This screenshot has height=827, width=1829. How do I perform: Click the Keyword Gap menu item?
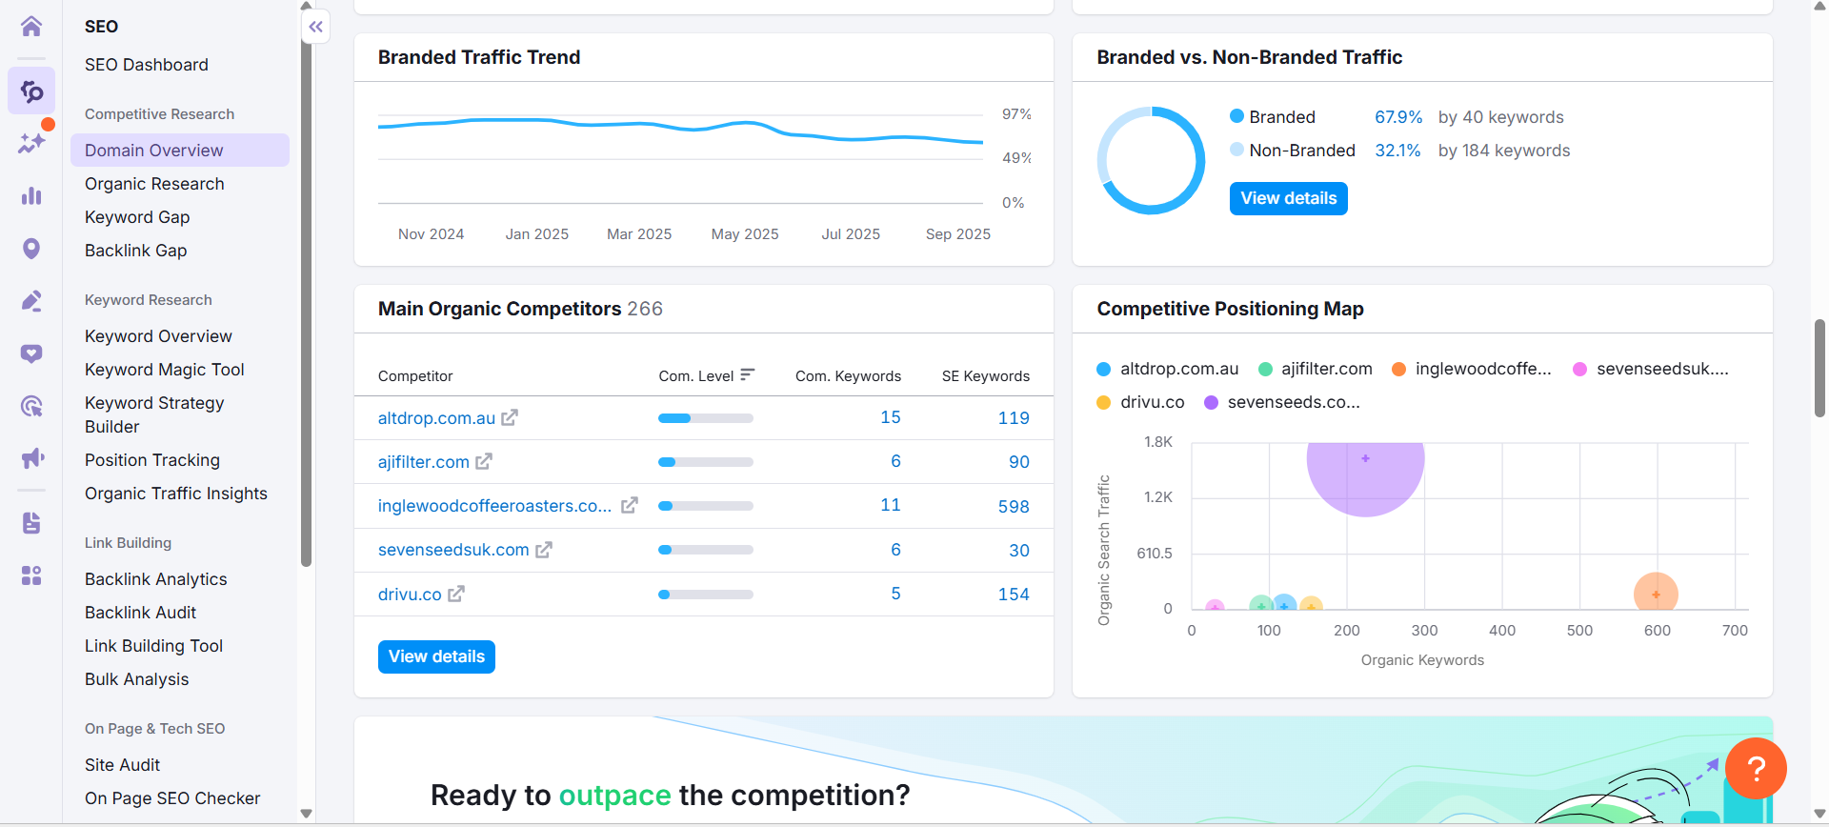click(137, 217)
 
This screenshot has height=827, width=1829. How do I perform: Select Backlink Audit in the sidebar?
click(140, 613)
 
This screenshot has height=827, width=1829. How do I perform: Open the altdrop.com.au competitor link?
click(436, 418)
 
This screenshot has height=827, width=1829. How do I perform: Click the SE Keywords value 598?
click(1013, 506)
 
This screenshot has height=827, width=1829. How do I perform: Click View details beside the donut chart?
click(1288, 198)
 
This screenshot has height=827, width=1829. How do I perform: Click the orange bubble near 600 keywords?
click(1656, 594)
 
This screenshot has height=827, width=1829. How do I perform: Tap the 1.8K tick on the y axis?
click(1157, 442)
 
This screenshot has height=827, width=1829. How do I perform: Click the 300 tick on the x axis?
click(1424, 631)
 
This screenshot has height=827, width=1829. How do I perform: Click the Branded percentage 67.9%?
click(1397, 117)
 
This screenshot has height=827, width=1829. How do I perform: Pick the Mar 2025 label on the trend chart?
click(639, 234)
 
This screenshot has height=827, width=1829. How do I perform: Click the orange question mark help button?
click(1756, 768)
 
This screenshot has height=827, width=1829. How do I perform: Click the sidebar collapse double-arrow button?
click(316, 27)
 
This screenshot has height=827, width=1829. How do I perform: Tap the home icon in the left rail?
click(31, 26)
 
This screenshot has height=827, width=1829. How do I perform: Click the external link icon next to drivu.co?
click(456, 594)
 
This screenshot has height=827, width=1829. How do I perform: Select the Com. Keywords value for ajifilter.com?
click(895, 461)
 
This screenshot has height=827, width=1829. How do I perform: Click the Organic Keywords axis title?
click(1422, 660)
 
